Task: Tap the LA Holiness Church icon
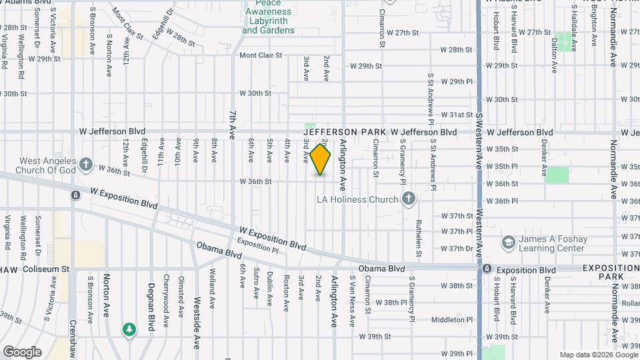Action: click(x=409, y=199)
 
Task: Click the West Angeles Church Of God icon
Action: click(x=86, y=164)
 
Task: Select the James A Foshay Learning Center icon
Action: click(x=508, y=241)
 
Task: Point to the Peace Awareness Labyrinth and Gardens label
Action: click(x=268, y=18)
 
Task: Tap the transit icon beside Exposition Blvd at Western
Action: click(x=487, y=269)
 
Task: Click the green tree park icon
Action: click(x=129, y=329)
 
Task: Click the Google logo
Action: click(x=22, y=351)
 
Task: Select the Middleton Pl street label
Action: click(x=451, y=319)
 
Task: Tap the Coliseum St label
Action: click(x=46, y=269)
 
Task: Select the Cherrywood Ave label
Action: click(x=165, y=297)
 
